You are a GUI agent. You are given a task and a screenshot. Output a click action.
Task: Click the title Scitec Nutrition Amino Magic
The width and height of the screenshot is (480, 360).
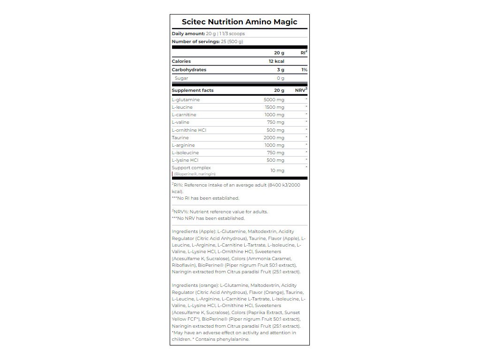click(x=239, y=22)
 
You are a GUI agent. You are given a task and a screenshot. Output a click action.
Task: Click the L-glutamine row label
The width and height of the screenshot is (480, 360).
click(x=186, y=100)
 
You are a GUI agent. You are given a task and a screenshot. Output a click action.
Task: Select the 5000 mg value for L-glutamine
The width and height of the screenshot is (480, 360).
click(x=274, y=100)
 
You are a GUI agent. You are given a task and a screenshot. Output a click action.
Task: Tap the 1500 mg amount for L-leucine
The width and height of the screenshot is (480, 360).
click(x=275, y=107)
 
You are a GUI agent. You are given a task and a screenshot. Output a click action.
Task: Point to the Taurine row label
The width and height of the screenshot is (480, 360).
click(x=180, y=138)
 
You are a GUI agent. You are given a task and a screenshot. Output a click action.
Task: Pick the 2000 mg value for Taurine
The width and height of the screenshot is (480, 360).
click(x=274, y=138)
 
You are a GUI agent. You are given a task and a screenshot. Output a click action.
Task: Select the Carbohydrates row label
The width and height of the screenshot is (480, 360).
click(x=189, y=70)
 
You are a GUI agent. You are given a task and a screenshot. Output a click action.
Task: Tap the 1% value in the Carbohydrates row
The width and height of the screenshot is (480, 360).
click(x=304, y=70)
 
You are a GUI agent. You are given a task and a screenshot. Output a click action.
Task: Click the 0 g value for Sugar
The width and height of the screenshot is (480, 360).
click(x=280, y=78)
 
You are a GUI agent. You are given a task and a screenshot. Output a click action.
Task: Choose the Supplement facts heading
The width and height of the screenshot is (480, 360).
click(x=193, y=90)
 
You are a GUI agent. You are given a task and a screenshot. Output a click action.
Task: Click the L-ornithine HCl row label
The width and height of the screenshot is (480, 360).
click(x=189, y=130)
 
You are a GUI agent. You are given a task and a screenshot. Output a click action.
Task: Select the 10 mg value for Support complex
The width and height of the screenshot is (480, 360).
click(x=277, y=171)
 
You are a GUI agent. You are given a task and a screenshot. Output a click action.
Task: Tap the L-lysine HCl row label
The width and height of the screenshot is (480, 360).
click(x=186, y=160)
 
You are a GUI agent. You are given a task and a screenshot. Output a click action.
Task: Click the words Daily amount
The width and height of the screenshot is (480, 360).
click(x=188, y=34)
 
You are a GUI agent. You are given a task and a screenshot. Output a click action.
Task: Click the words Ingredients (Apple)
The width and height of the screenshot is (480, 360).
click(x=194, y=231)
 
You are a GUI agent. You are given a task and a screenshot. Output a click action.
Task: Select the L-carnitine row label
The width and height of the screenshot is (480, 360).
click(x=184, y=115)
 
